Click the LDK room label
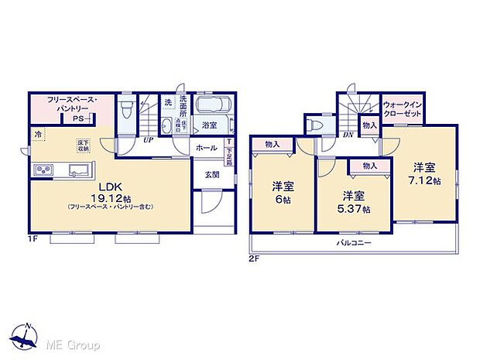110,187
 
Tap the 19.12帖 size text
110,197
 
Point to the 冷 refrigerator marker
37,135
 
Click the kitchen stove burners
43,170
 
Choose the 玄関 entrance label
212,175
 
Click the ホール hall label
206,147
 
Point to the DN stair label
348,134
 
